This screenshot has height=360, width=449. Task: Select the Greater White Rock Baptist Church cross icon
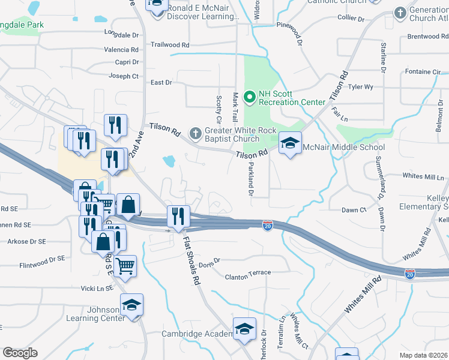195,131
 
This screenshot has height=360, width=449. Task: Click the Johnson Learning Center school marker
131,305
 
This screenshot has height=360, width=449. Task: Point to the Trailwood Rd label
170,45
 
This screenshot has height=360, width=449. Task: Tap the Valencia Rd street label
121,50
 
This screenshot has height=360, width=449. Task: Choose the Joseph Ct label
123,76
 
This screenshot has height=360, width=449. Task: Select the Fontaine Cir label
423,72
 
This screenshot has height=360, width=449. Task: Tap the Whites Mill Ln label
423,176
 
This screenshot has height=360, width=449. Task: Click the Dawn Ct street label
354,210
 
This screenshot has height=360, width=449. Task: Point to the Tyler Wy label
361,87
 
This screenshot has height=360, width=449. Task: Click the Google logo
20,353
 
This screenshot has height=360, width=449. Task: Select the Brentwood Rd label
428,37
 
